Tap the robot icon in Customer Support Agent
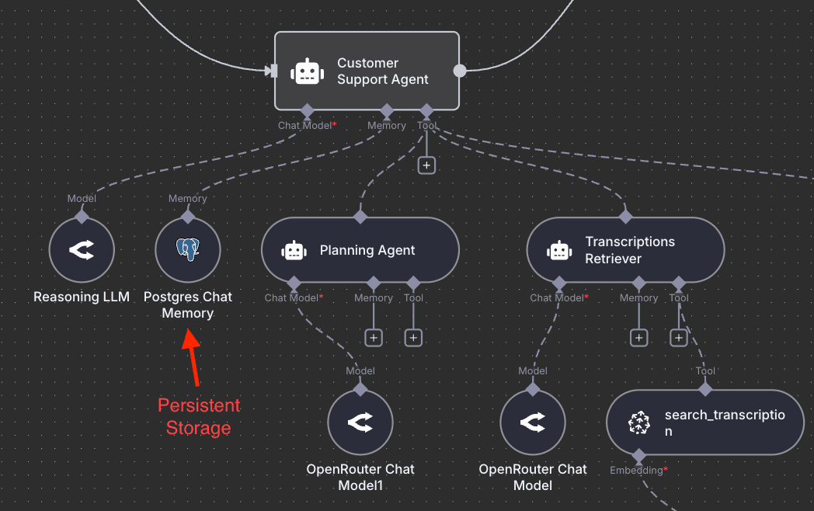(307, 71)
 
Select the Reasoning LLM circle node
(82, 250)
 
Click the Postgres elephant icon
(188, 249)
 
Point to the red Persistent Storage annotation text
(199, 416)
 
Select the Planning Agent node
(360, 250)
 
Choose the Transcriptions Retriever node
(625, 250)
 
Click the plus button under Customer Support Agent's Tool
(426, 165)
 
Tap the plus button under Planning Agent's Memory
(374, 338)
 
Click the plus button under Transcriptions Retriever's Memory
(638, 338)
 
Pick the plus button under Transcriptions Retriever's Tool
(679, 338)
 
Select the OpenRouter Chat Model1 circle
(360, 422)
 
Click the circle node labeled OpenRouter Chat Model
(533, 422)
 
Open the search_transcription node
(705, 422)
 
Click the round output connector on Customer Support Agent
(460, 71)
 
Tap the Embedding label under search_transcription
(637, 470)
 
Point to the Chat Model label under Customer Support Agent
(304, 125)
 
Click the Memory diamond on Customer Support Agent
(386, 110)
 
